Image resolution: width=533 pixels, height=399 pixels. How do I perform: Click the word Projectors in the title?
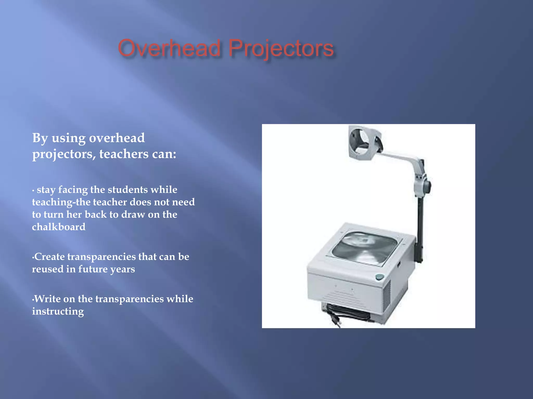(x=281, y=48)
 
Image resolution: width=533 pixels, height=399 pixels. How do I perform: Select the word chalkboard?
(x=59, y=227)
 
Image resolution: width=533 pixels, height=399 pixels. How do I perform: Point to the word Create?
(x=50, y=257)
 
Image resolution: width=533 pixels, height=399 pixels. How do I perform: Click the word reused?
(x=48, y=269)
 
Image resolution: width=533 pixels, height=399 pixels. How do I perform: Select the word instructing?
(x=58, y=311)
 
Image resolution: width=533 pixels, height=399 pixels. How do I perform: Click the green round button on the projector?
(x=380, y=277)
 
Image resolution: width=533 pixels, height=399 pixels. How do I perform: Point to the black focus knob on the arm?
(x=427, y=187)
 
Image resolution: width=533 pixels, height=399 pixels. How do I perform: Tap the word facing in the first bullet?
(x=73, y=190)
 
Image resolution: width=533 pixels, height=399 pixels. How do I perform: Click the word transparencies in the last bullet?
(x=129, y=299)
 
